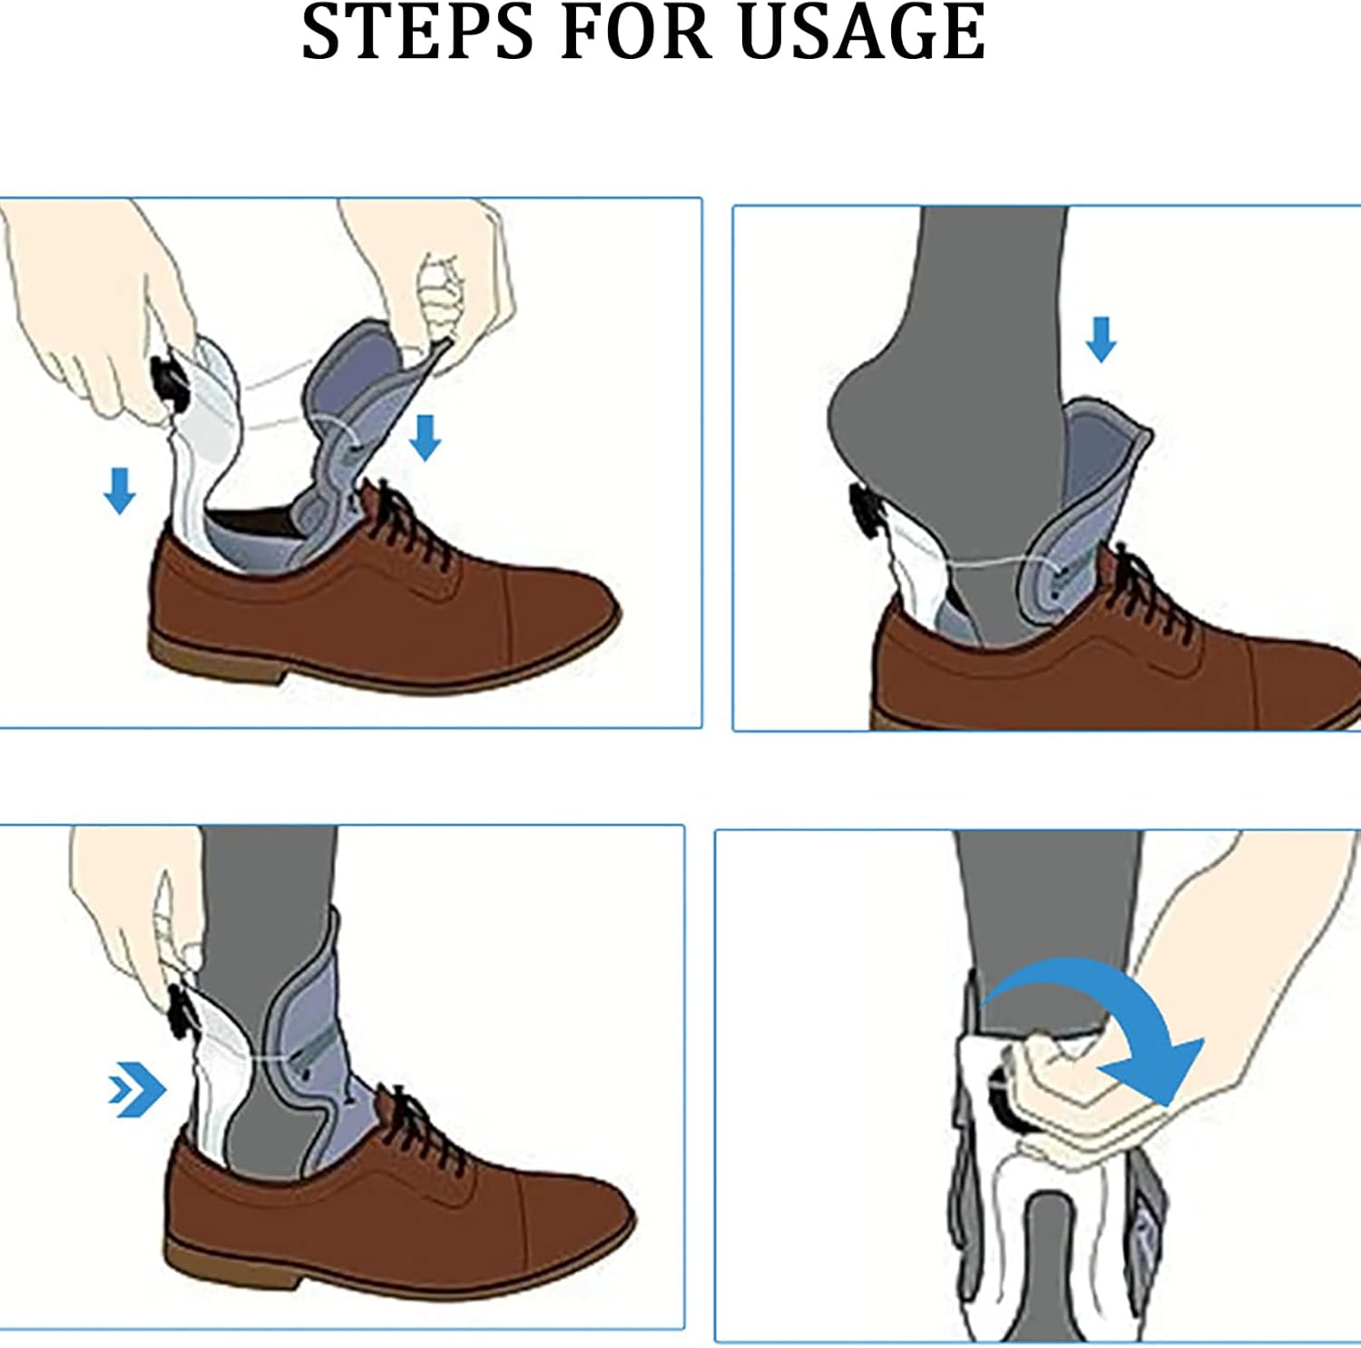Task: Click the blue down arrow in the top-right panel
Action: [x=1101, y=339]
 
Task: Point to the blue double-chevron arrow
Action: [x=137, y=1088]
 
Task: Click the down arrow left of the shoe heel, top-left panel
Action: [x=120, y=491]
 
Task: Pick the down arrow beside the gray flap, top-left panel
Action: [x=425, y=437]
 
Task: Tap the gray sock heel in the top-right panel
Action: [x=862, y=418]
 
